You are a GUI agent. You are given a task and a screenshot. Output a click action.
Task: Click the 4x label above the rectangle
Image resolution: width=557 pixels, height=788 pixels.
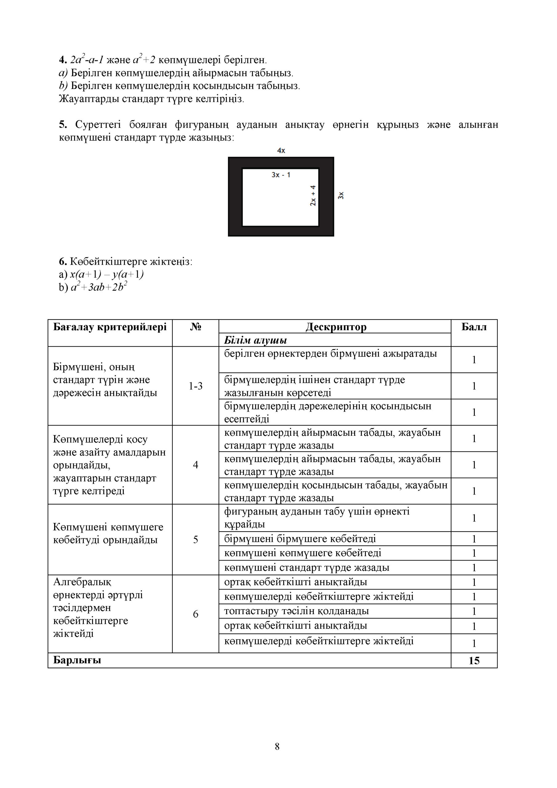(281, 150)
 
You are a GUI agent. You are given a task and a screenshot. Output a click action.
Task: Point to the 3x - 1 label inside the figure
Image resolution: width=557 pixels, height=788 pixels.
(281, 175)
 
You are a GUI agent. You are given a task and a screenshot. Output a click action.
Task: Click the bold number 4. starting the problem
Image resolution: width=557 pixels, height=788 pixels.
(63, 60)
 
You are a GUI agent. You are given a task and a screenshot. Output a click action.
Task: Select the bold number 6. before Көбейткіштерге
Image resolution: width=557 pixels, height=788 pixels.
(63, 262)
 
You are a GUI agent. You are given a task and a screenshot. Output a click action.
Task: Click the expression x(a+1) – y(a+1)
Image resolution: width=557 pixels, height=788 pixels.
(107, 274)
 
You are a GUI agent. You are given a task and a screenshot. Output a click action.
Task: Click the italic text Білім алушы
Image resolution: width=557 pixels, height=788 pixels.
(255, 340)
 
